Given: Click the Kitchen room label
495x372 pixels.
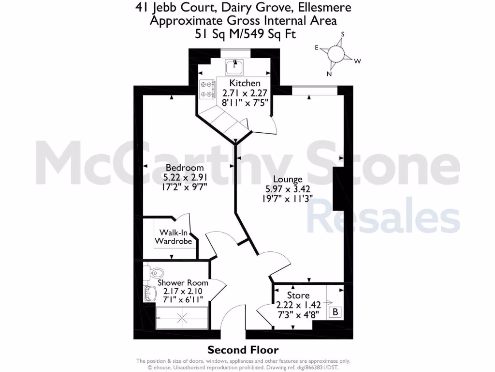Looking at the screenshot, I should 245,83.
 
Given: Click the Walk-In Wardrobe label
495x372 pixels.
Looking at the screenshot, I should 173,237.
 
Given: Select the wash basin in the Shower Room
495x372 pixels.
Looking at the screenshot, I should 149,293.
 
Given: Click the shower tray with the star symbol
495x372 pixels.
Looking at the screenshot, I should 182,318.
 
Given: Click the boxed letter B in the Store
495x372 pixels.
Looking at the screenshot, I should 335,312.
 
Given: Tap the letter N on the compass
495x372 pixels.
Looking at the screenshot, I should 329,74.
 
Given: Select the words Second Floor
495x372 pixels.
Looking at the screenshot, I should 243,350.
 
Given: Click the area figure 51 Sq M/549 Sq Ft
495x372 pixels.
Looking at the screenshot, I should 244,34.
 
